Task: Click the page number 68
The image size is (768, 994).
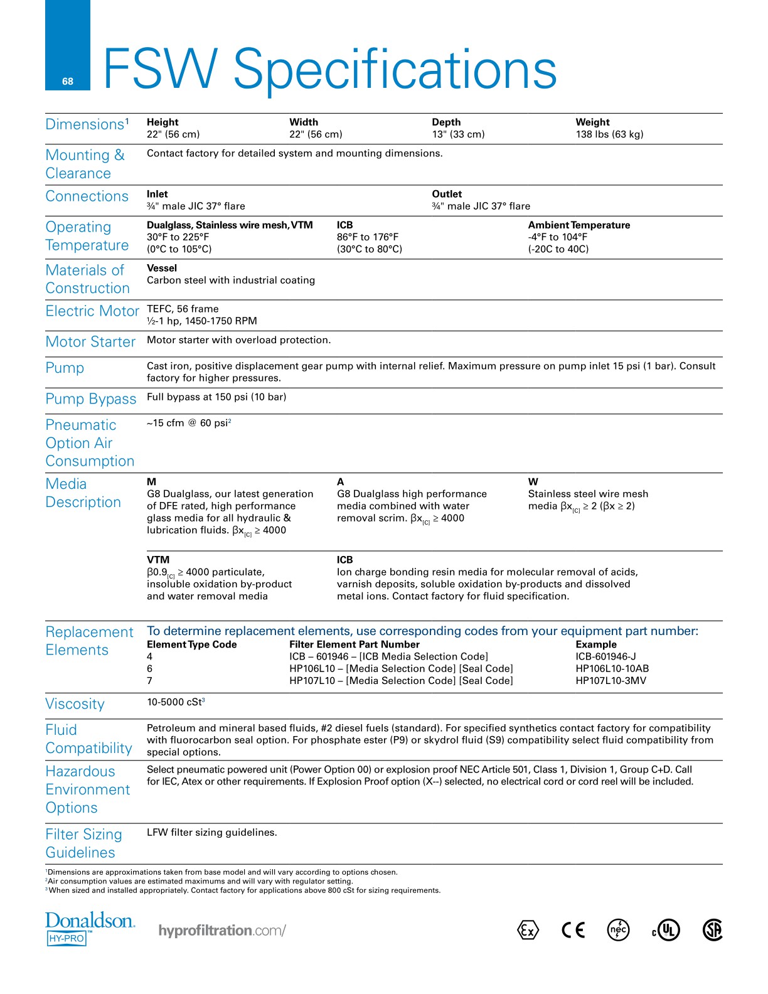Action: pyautogui.click(x=68, y=82)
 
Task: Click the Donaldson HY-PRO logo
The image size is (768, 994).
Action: pyautogui.click(x=90, y=928)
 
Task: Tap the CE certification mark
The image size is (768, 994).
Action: pyautogui.click(x=573, y=929)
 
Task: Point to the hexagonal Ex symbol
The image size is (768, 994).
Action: pyautogui.click(x=528, y=930)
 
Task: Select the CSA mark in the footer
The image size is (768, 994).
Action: pyautogui.click(x=713, y=929)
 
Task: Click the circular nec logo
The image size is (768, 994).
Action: pyautogui.click(x=619, y=929)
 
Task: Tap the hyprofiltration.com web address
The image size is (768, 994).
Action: pyautogui.click(x=222, y=930)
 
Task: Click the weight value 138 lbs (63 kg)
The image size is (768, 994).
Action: pyautogui.click(x=609, y=134)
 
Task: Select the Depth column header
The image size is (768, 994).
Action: pyautogui.click(x=446, y=122)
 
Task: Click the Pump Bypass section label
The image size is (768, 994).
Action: pyautogui.click(x=91, y=399)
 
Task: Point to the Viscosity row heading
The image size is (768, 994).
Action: pyautogui.click(x=75, y=704)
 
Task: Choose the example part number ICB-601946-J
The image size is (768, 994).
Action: pyautogui.click(x=605, y=656)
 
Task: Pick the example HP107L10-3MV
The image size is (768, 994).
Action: pyautogui.click(x=611, y=681)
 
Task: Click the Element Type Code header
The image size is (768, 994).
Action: pyautogui.click(x=192, y=644)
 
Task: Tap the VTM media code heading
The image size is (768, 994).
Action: pyautogui.click(x=158, y=560)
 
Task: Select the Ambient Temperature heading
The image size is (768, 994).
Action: pyautogui.click(x=579, y=225)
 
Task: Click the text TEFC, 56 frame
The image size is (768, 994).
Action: pyautogui.click(x=183, y=309)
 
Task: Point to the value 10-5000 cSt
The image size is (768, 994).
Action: pyautogui.click(x=174, y=702)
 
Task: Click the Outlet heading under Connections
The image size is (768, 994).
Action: pyautogui.click(x=447, y=195)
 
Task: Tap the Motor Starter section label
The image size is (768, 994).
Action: pyautogui.click(x=91, y=342)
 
